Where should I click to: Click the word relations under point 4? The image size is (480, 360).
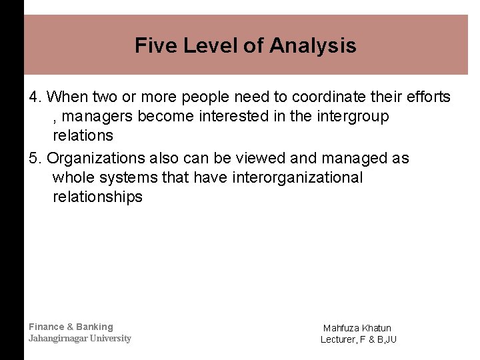click(83, 136)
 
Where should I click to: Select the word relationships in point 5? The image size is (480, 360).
click(97, 197)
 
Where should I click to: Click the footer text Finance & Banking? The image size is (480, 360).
click(71, 327)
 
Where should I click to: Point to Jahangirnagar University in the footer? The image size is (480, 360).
click(80, 338)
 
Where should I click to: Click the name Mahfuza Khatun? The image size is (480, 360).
click(357, 328)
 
